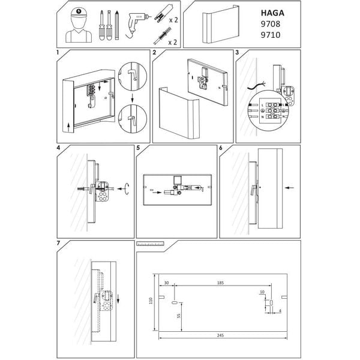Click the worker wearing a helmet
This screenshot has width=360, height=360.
pyautogui.click(x=77, y=26)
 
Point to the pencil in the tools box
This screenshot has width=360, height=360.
pyautogui.click(x=119, y=24)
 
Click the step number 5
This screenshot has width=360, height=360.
pyautogui.click(x=139, y=147)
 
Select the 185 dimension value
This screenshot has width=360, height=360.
pyautogui.click(x=221, y=281)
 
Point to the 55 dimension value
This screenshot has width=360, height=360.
pyautogui.click(x=179, y=318)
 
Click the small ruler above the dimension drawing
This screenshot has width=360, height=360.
pyautogui.click(x=151, y=244)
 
